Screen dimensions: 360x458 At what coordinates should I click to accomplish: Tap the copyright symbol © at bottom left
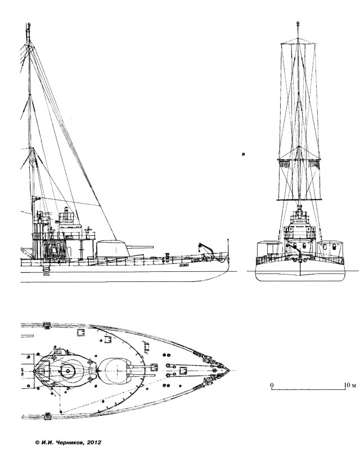[x=37, y=443]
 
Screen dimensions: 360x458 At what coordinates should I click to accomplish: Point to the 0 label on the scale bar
[x=272, y=385]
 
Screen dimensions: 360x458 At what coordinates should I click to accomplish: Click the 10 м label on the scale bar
[x=349, y=385]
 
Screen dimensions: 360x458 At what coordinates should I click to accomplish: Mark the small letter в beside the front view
[x=242, y=152]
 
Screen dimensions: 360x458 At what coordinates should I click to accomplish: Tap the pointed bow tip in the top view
[x=230, y=370]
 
